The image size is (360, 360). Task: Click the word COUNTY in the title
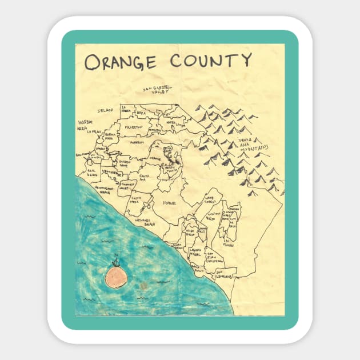(x=211, y=59)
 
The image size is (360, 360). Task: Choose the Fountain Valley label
(x=128, y=185)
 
